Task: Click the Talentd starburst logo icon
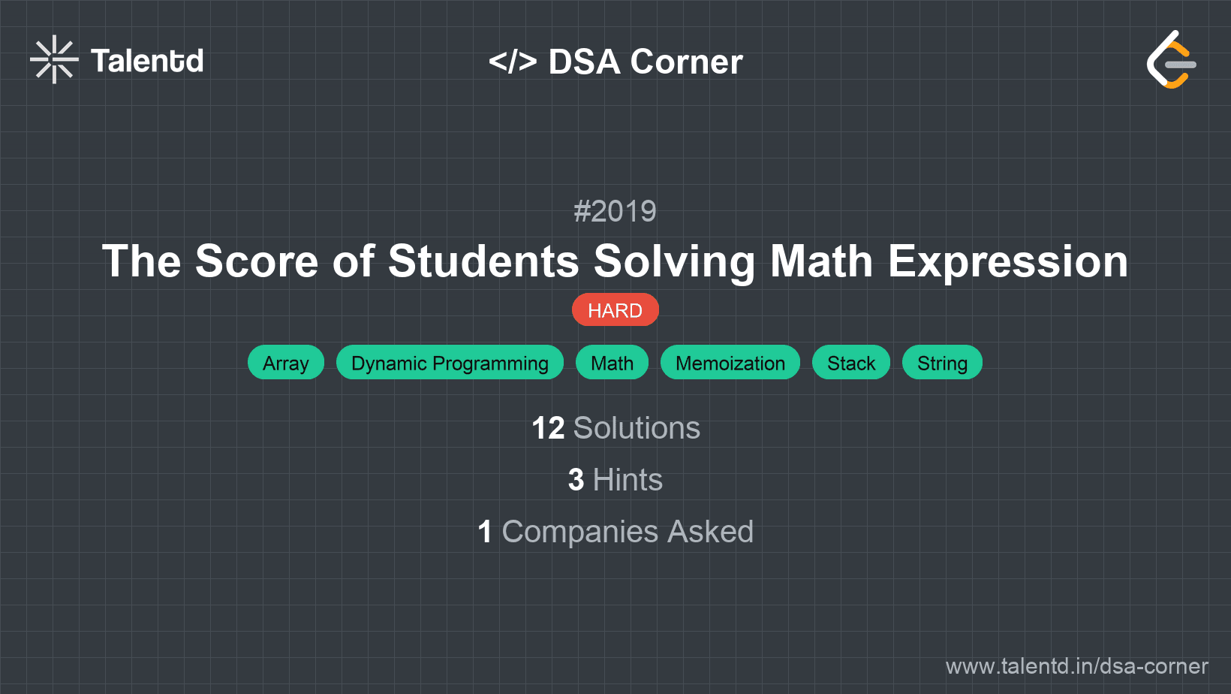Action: tap(54, 59)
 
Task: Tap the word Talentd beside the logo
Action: tap(147, 61)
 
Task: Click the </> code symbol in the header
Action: tap(513, 62)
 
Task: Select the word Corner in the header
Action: tap(687, 62)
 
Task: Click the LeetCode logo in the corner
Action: tap(1171, 60)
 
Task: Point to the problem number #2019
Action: tap(615, 211)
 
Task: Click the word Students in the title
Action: tap(483, 261)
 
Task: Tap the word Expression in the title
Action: tap(1008, 261)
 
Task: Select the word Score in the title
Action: tap(257, 261)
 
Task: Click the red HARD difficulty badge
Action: tap(615, 310)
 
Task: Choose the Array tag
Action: tap(286, 363)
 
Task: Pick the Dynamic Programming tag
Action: tap(450, 363)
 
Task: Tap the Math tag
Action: tap(612, 363)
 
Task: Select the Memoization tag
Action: tap(730, 363)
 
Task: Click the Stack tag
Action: tap(851, 363)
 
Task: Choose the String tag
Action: tap(942, 363)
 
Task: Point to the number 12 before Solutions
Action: tap(548, 428)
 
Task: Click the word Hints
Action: tap(628, 480)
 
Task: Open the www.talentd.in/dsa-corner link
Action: tap(1076, 666)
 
